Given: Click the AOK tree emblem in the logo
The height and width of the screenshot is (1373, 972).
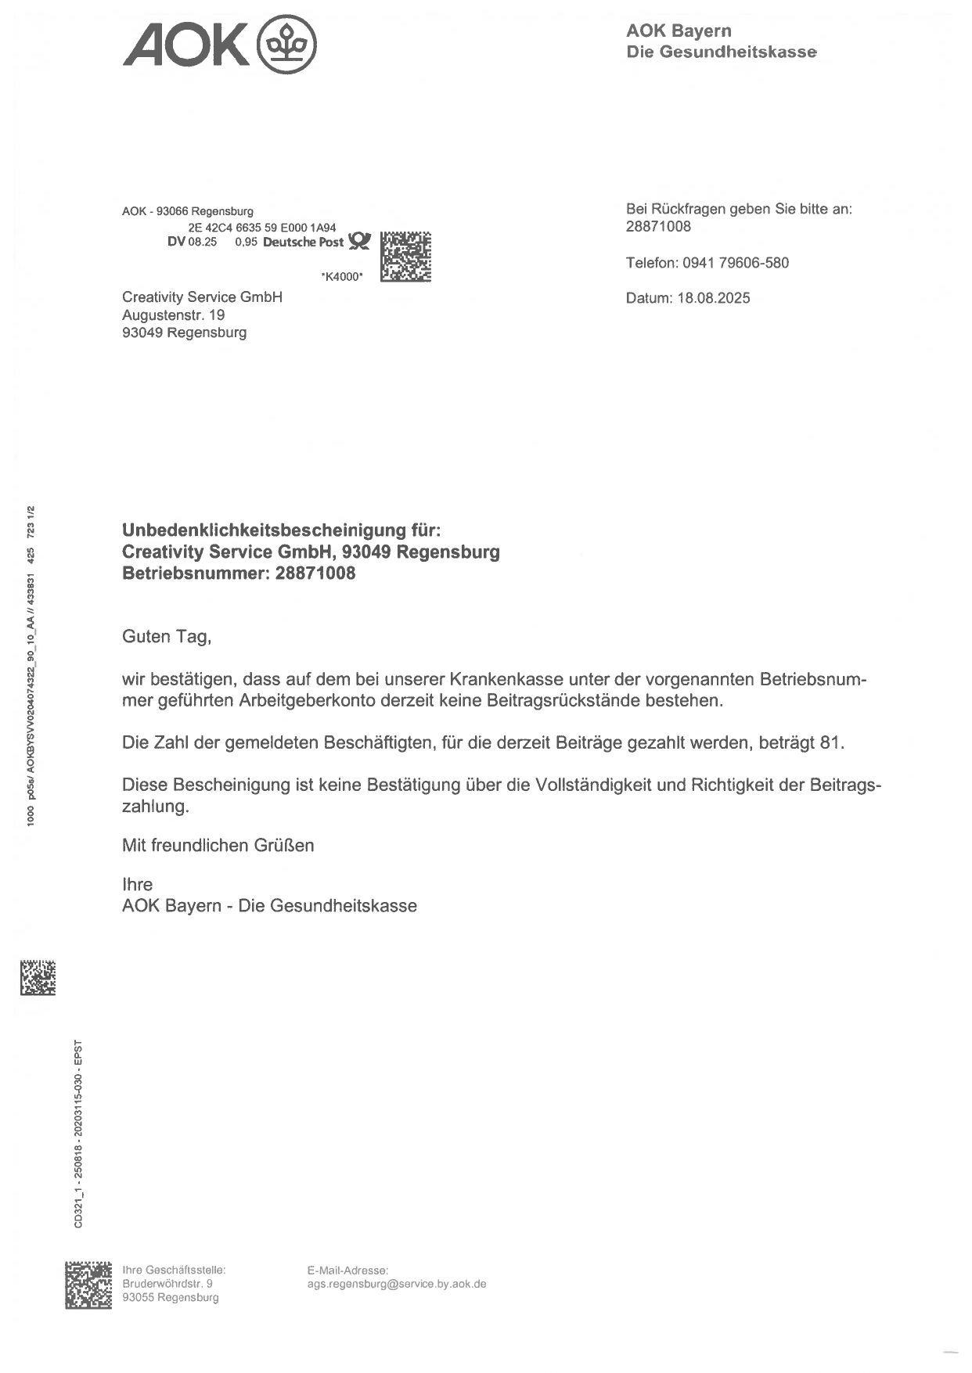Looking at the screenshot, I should coord(287,45).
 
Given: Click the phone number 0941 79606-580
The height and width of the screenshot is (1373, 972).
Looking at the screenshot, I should coord(736,263).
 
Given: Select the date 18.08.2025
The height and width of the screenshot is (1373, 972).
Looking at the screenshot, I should coord(714,298).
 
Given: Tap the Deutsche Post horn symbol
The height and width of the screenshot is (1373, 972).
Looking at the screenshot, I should coord(359,241).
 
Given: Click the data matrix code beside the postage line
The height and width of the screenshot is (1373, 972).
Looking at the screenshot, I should coord(405,257).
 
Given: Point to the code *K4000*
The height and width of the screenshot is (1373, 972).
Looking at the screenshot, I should coord(342,276).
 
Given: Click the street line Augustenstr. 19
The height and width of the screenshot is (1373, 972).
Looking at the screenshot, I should coord(173,315).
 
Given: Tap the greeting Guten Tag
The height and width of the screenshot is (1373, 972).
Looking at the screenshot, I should coord(166,637).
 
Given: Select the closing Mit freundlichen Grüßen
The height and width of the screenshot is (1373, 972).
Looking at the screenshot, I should coord(218,846).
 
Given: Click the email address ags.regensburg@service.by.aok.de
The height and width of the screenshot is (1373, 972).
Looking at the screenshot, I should coord(397,1284).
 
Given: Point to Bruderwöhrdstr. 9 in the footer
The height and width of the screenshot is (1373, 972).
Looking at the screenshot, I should coord(167,1284).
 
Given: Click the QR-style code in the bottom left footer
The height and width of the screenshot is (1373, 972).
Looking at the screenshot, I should coord(88,1284).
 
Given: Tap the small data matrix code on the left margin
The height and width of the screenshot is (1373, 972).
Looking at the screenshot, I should coord(38,978).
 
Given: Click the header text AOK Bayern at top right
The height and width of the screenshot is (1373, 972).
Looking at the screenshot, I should coord(679,31).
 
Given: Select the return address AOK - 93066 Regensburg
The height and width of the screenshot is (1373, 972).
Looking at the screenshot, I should coord(188,211).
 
